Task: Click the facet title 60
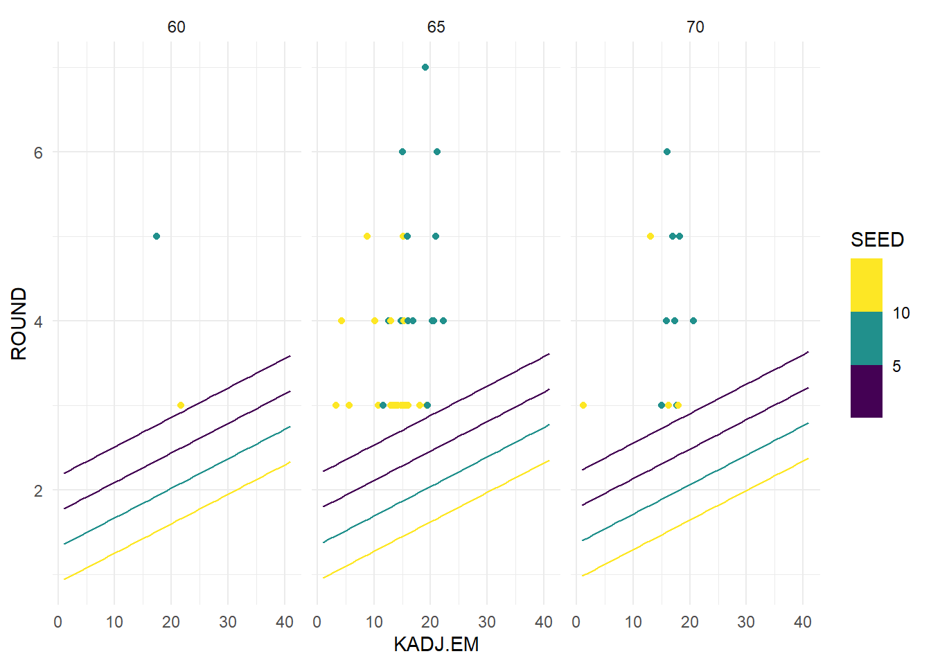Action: coord(177,27)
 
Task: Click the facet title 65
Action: coord(436,27)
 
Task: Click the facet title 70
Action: coord(695,27)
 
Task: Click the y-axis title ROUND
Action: coord(19,323)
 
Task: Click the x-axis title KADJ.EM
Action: coord(436,645)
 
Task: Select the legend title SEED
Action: coord(877,240)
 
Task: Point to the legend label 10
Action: coord(901,313)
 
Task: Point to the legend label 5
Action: coord(896,366)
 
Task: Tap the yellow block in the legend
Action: coord(866,285)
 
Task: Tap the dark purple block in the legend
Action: coord(866,391)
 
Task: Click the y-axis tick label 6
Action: coord(38,152)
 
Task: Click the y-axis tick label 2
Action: coord(38,490)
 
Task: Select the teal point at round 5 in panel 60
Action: coord(157,236)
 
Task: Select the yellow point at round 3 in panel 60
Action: coord(181,405)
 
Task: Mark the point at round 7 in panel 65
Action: coord(425,67)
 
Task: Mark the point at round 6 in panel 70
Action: coord(666,152)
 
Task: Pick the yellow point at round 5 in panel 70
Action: coord(650,236)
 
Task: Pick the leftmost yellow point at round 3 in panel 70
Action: coord(583,405)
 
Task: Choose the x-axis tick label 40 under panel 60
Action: coord(285,622)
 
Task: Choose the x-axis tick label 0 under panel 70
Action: coord(576,622)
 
